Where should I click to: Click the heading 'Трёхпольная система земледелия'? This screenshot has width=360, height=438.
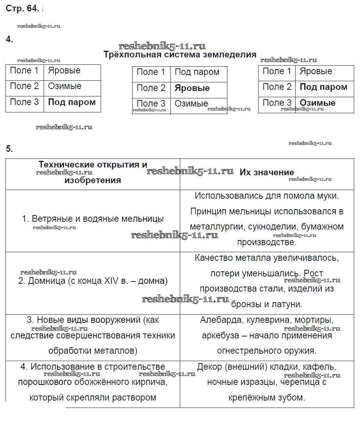(x=180, y=54)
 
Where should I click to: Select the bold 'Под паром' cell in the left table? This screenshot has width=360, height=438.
(x=72, y=102)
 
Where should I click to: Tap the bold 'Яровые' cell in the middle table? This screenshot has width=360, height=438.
(x=192, y=88)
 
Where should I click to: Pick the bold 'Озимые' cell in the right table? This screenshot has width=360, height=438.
(x=317, y=103)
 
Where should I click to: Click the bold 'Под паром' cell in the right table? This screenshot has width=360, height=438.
(x=323, y=87)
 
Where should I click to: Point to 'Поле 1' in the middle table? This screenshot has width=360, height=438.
(x=151, y=72)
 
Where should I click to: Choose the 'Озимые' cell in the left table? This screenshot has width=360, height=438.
(x=65, y=86)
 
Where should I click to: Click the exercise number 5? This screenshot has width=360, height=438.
(x=9, y=149)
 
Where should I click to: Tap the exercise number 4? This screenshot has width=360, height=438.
(x=9, y=39)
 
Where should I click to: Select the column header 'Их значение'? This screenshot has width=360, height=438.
(x=267, y=173)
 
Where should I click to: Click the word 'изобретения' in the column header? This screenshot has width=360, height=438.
(x=93, y=180)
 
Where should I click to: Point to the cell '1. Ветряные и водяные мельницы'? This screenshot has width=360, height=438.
(x=93, y=219)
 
